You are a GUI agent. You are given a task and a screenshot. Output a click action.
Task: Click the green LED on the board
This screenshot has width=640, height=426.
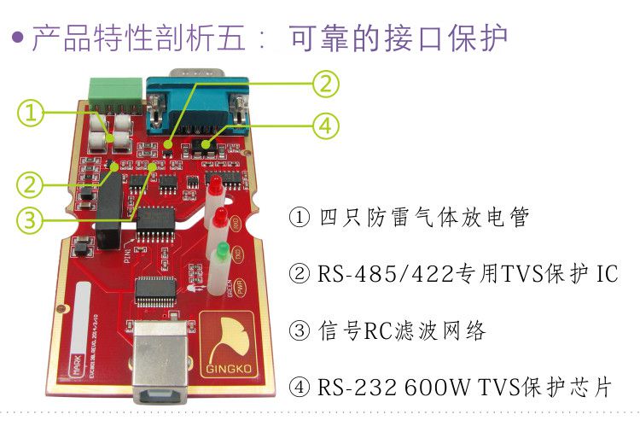(x=221, y=251)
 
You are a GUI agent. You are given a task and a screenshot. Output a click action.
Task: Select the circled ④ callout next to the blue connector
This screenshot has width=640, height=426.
(x=324, y=126)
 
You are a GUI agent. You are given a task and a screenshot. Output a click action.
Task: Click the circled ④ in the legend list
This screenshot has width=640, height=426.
(x=300, y=387)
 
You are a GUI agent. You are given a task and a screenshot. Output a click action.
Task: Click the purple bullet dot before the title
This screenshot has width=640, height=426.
(x=15, y=39)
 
